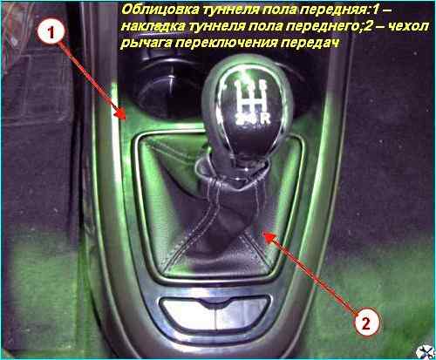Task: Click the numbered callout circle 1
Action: (51, 33)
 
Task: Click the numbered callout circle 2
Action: (366, 323)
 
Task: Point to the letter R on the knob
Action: (265, 119)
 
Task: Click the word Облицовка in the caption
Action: (159, 10)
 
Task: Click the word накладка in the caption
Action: (153, 26)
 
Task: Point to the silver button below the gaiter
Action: (215, 312)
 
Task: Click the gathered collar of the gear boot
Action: (233, 173)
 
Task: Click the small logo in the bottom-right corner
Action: (425, 352)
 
